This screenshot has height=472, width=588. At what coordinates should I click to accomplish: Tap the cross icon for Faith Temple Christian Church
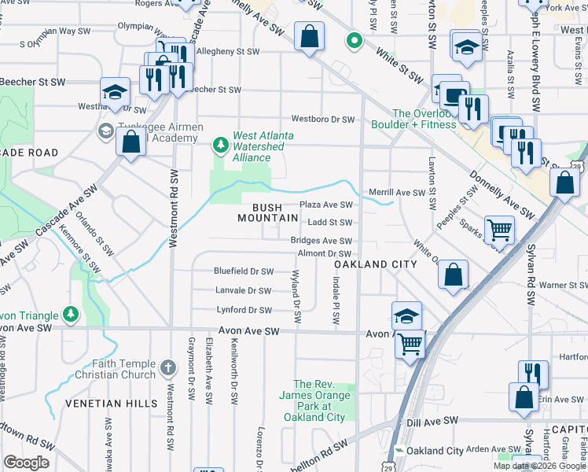167,367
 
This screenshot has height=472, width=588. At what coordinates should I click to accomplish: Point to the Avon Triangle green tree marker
72,315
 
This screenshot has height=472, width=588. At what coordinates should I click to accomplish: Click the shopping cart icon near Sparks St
499,229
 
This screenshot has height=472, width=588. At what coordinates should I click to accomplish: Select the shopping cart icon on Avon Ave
410,342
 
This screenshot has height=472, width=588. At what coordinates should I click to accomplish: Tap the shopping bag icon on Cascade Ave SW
130,142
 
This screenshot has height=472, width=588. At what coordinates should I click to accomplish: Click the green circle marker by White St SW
355,41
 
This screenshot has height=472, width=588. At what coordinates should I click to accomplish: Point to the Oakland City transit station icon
399,451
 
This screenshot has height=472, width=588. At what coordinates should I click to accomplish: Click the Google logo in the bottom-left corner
26,462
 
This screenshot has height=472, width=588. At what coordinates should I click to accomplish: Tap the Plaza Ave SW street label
326,205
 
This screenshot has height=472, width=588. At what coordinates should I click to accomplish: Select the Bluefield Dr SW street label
244,271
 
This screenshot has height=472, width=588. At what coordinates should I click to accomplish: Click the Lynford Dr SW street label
244,310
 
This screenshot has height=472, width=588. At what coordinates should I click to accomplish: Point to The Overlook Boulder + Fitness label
424,119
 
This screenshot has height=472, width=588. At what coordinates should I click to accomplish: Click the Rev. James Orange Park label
319,400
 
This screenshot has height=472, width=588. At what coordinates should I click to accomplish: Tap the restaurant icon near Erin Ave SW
533,372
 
